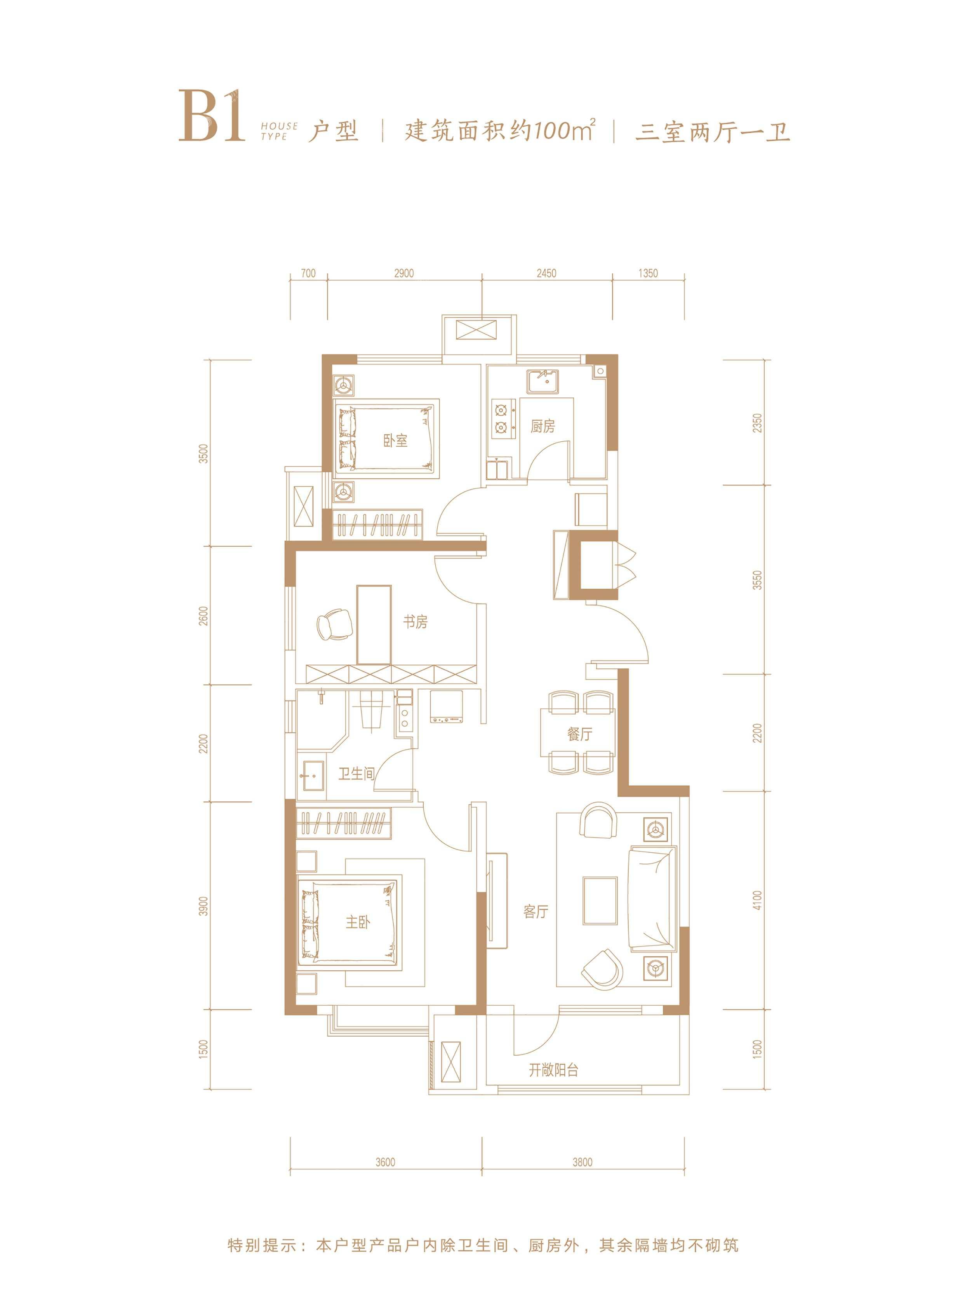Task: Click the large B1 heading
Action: (x=211, y=116)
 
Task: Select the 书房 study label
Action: (x=416, y=621)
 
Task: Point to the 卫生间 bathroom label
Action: (x=357, y=773)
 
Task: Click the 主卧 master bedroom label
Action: (x=358, y=922)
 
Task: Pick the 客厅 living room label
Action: (x=536, y=911)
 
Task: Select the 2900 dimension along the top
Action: (x=404, y=273)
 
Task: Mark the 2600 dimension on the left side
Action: (x=202, y=616)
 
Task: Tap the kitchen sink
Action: (x=542, y=382)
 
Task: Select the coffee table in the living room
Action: (x=600, y=901)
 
